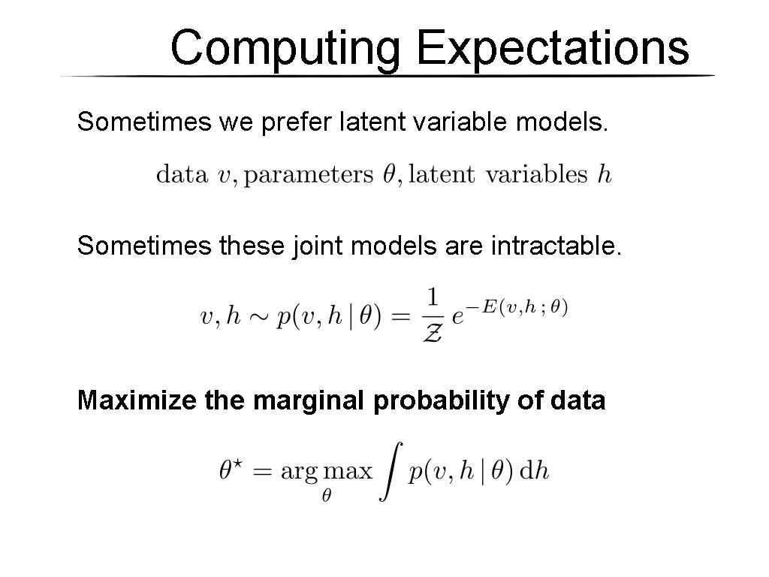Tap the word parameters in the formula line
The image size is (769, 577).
(309, 176)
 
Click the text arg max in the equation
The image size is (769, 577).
(326, 473)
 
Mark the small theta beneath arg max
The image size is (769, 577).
(327, 497)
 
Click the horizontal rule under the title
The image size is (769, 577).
(387, 77)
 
